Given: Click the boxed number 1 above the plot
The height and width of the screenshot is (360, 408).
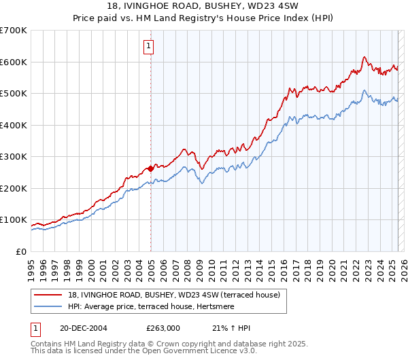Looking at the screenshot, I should (x=148, y=46).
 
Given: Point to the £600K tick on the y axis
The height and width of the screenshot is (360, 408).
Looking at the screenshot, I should (x=14, y=62).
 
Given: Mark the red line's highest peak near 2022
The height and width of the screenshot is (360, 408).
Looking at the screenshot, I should (x=365, y=57).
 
